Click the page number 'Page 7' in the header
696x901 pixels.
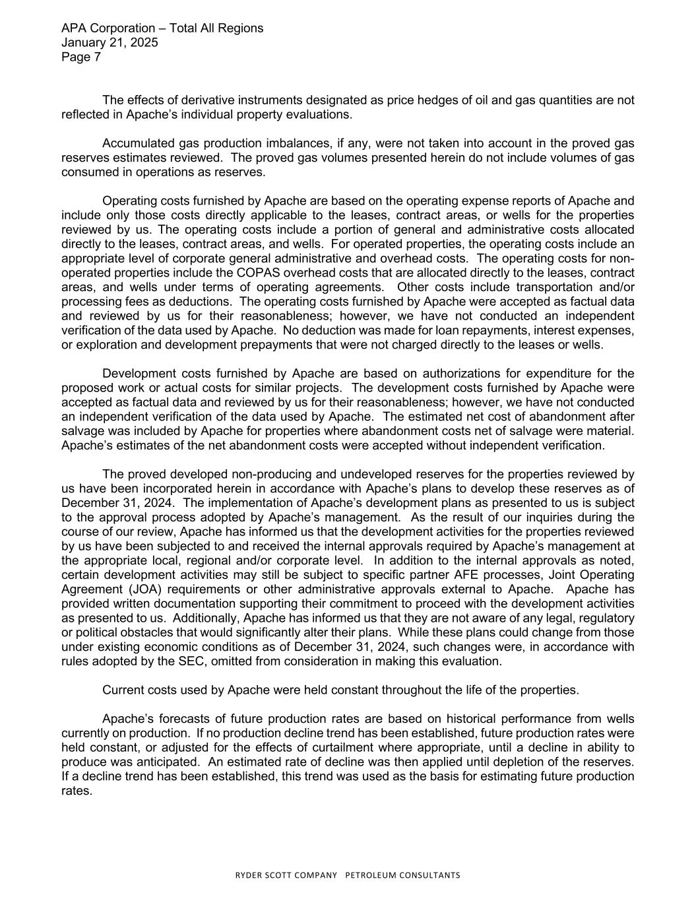(x=80, y=57)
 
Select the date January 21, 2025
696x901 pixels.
(x=109, y=43)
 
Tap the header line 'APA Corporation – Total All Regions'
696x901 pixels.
(x=162, y=28)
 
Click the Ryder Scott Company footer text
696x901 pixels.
(x=348, y=875)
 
